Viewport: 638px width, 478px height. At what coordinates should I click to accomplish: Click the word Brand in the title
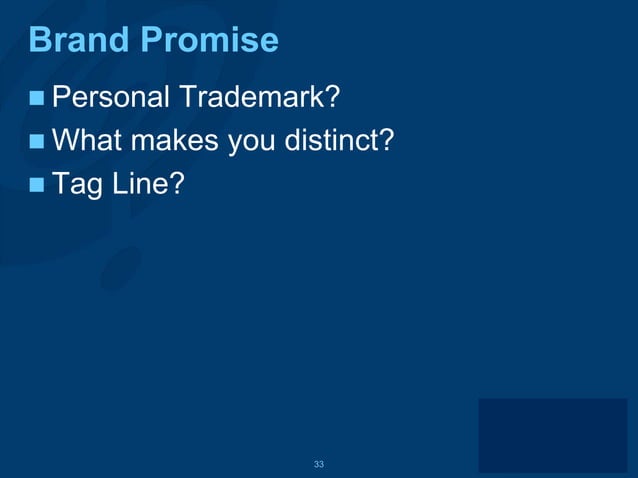pyautogui.click(x=81, y=40)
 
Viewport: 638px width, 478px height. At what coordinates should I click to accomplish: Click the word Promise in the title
pyautogui.click(x=209, y=40)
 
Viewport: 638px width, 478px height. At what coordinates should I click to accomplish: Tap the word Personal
pyautogui.click(x=111, y=98)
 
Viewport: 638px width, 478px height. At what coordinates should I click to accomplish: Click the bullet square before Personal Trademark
pyautogui.click(x=37, y=99)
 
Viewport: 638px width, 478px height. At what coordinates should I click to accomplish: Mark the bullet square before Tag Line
pyautogui.click(x=37, y=185)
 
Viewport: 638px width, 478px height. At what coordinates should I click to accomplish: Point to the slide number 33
pyautogui.click(x=319, y=464)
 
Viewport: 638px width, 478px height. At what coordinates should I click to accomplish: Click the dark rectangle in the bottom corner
pyautogui.click(x=552, y=435)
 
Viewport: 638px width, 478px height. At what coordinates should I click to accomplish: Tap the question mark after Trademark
pyautogui.click(x=334, y=98)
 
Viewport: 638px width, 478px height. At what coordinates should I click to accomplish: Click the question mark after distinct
pyautogui.click(x=386, y=141)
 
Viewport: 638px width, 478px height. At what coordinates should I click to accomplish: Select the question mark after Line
pyautogui.click(x=176, y=184)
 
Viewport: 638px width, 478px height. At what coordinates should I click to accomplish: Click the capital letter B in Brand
pyautogui.click(x=40, y=40)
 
